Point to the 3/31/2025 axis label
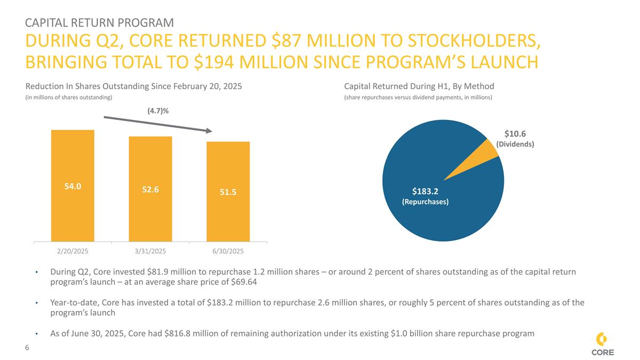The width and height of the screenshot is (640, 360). (x=150, y=250)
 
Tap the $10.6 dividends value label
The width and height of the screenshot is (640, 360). (x=515, y=134)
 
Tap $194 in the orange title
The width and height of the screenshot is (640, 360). (x=215, y=62)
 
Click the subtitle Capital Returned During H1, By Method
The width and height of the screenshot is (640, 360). (x=419, y=86)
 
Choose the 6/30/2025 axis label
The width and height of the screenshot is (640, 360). (x=228, y=250)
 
